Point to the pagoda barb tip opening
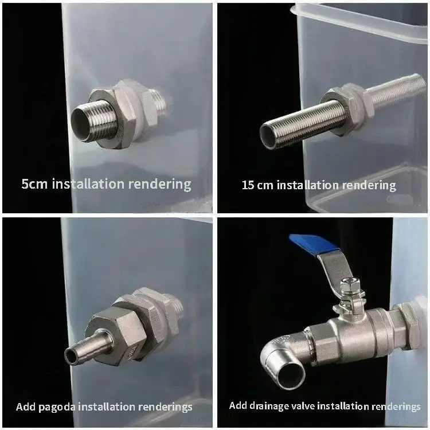coord(71,356)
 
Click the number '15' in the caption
coord(248,185)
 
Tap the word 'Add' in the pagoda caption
coord(26,406)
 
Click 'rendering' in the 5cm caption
coord(159,184)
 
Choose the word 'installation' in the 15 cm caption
coord(307,185)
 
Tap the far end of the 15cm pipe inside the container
coord(420,81)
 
